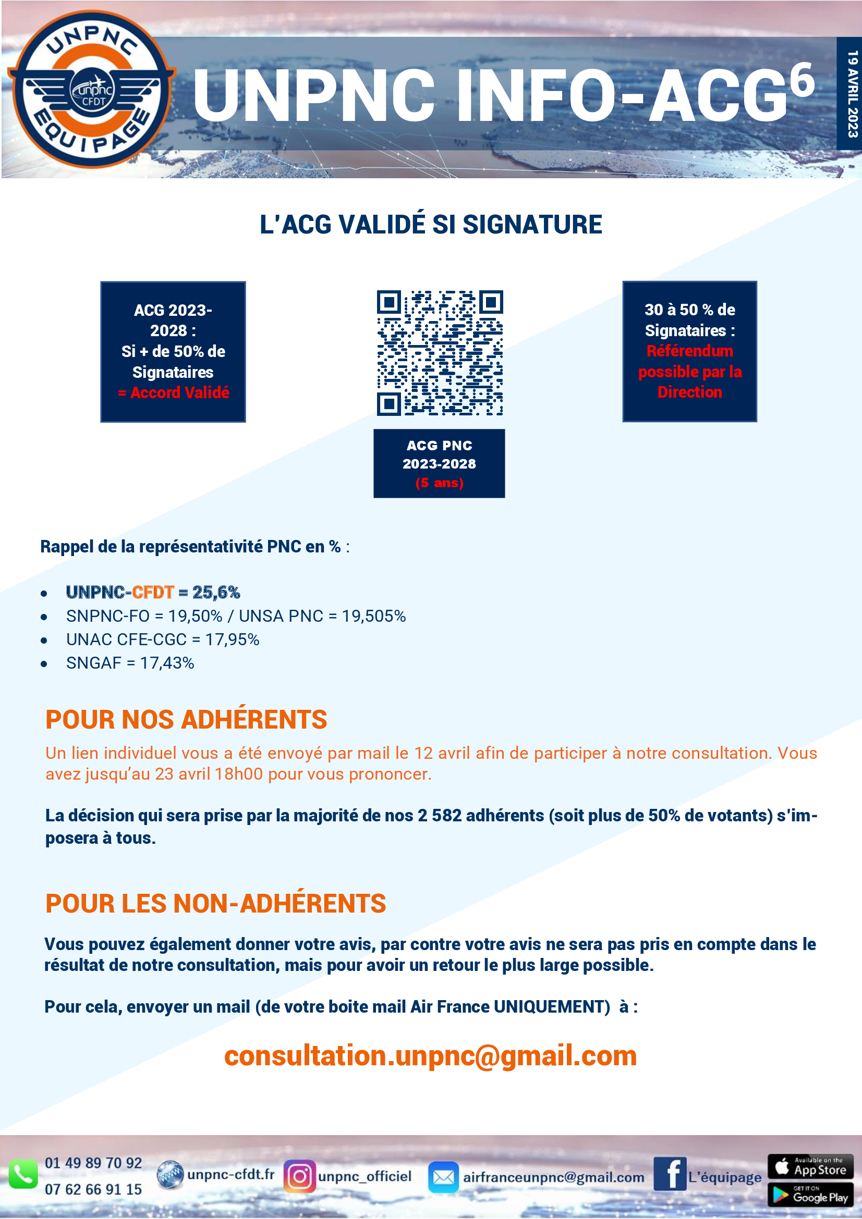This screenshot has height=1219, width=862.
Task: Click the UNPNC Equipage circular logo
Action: [91, 89]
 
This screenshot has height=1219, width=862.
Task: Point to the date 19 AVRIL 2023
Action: [852, 94]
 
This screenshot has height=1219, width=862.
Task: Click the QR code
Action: [439, 352]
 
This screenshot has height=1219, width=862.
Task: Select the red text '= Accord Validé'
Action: [174, 392]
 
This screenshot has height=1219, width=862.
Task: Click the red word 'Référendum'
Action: [689, 351]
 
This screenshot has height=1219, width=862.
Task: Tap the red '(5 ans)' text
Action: [439, 483]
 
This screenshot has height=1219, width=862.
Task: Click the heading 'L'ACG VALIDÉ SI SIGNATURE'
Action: [431, 224]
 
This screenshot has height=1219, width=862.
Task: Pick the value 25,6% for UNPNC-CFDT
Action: [216, 592]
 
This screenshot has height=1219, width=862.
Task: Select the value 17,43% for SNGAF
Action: [167, 663]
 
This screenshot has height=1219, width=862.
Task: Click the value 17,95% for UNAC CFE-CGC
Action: [232, 640]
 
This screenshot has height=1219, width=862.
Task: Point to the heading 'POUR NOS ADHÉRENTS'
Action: [186, 720]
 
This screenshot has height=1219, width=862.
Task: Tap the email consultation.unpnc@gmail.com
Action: [430, 1055]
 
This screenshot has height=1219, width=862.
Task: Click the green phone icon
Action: [23, 1175]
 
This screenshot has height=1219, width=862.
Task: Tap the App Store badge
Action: [810, 1166]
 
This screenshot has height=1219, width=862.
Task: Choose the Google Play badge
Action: [810, 1194]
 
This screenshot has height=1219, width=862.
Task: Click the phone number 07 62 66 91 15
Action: [93, 1189]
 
